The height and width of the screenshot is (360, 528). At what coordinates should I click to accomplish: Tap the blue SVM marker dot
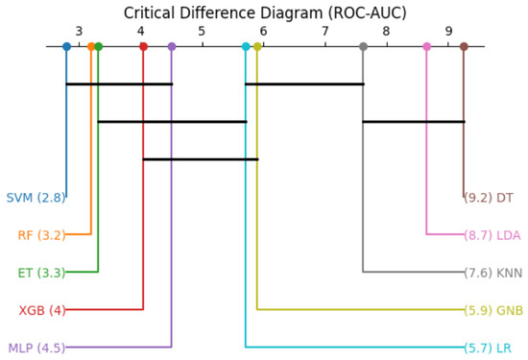click(66, 46)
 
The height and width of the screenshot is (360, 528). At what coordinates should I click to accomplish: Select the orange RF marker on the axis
click(91, 46)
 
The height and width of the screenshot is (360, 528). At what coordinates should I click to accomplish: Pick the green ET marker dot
click(98, 46)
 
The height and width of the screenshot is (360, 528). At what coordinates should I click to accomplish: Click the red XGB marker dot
click(143, 46)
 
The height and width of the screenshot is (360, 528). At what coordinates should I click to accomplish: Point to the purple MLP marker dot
click(172, 46)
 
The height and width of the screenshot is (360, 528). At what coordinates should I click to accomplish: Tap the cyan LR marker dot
click(246, 46)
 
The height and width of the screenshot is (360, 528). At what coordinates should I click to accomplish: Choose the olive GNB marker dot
click(257, 46)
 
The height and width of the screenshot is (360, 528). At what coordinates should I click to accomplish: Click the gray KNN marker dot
click(363, 46)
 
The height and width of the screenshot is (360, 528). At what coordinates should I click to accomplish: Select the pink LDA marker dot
click(426, 46)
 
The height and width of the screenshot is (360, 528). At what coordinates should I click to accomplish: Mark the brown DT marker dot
click(464, 46)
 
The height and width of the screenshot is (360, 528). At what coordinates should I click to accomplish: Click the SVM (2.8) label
click(36, 198)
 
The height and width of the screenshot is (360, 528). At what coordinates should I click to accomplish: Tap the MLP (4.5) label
click(36, 348)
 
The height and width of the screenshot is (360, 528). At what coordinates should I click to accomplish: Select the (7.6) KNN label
click(493, 273)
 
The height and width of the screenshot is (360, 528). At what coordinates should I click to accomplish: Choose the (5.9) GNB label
click(493, 310)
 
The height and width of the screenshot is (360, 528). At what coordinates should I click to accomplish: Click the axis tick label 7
click(325, 32)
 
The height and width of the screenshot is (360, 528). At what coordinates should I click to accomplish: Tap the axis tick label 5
click(202, 32)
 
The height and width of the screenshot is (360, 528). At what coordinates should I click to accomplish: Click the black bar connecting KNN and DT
click(414, 122)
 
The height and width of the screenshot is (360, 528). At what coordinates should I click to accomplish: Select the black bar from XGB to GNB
click(201, 159)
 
